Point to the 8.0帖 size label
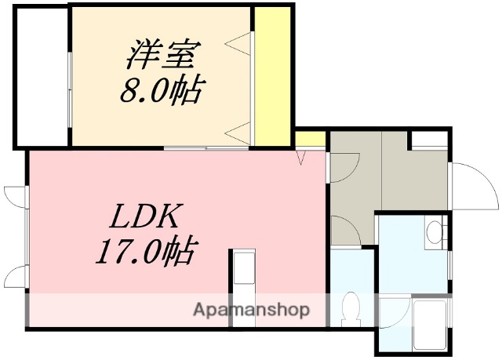(x=161, y=92)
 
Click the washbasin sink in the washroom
(x=435, y=232)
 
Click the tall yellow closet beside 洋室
(x=272, y=75)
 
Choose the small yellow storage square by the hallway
(x=311, y=140)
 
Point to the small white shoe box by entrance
(x=429, y=140)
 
